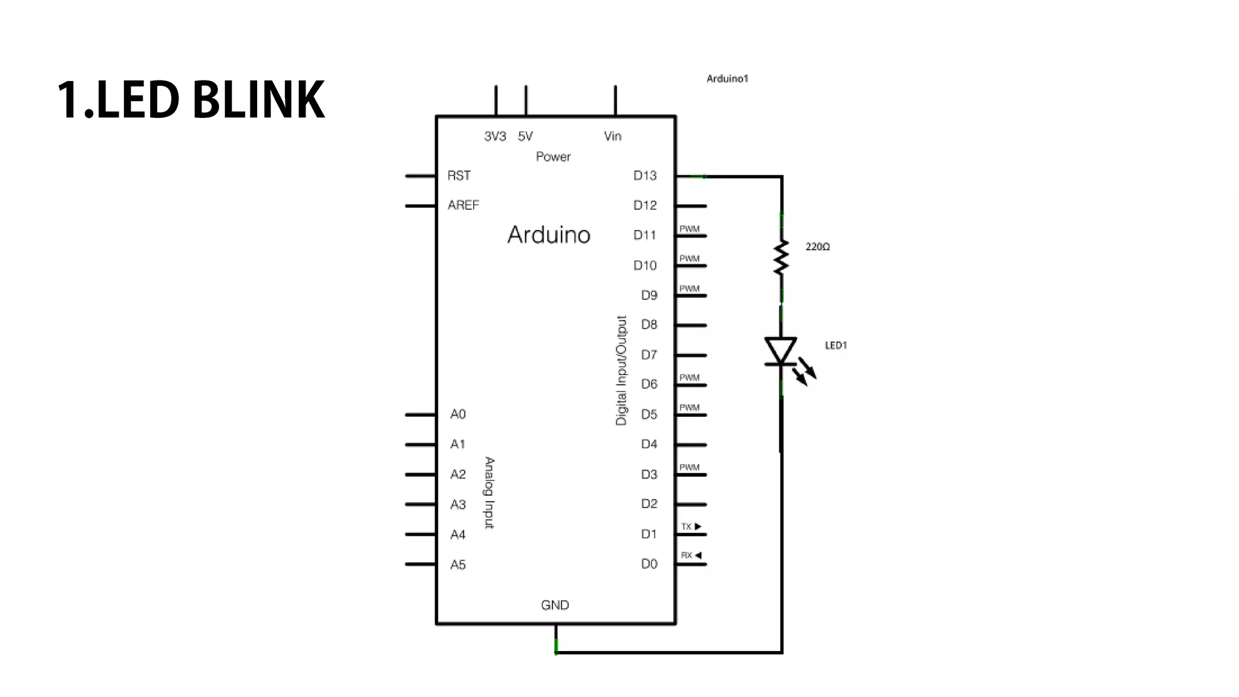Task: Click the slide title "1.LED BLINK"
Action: point(191,100)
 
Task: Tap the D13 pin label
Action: point(644,175)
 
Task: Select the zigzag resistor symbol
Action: point(781,257)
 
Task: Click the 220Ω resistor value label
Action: point(817,247)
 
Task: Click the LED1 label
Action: point(835,345)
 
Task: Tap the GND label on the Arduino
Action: point(555,605)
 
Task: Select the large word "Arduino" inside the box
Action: point(549,235)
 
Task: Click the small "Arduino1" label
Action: point(727,79)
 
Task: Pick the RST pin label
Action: point(459,175)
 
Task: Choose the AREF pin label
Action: point(463,205)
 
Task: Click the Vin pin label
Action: point(612,136)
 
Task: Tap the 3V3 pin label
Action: point(495,136)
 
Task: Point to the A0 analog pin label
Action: point(458,414)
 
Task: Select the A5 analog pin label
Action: point(458,564)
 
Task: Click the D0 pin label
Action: point(649,564)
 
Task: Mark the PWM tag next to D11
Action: point(689,229)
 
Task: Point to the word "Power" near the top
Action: point(553,157)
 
